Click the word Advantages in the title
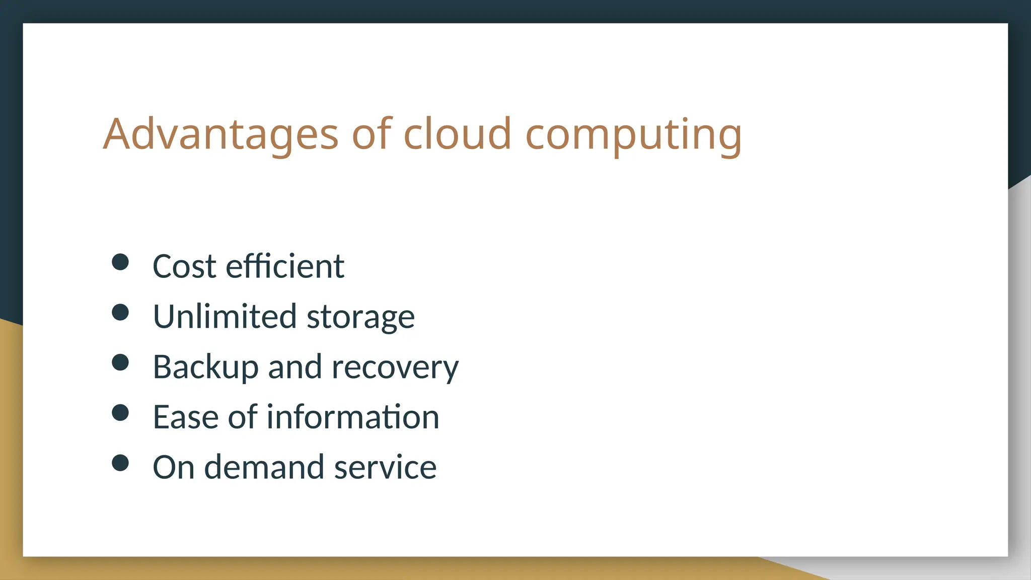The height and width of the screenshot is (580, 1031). click(220, 134)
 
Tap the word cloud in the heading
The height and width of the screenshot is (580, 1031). click(457, 134)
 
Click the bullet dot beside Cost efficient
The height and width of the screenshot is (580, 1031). click(120, 262)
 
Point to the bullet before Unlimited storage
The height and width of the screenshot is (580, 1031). click(120, 312)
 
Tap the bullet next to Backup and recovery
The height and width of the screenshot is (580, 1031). click(120, 362)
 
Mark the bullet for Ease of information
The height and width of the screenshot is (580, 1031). click(120, 413)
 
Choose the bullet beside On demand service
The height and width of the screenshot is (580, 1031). click(120, 463)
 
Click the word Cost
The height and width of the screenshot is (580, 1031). click(184, 266)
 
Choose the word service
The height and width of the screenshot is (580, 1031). click(385, 468)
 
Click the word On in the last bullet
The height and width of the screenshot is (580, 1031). click(173, 468)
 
